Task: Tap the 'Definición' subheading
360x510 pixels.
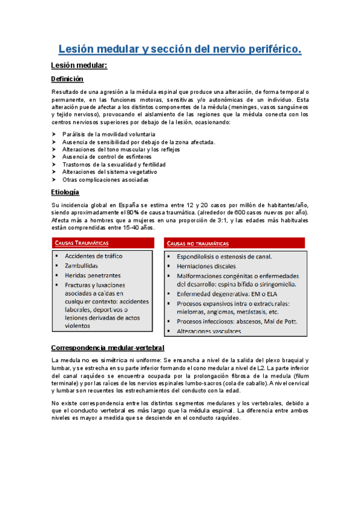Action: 67,79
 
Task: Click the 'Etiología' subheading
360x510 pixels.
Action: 65,192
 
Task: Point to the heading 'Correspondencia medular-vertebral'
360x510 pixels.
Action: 108,348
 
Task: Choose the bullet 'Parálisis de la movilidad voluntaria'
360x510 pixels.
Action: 108,134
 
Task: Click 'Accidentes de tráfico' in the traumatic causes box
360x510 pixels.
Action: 93,256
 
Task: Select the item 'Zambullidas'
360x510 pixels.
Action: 82,265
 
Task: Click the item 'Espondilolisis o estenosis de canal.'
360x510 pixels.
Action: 224,256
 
